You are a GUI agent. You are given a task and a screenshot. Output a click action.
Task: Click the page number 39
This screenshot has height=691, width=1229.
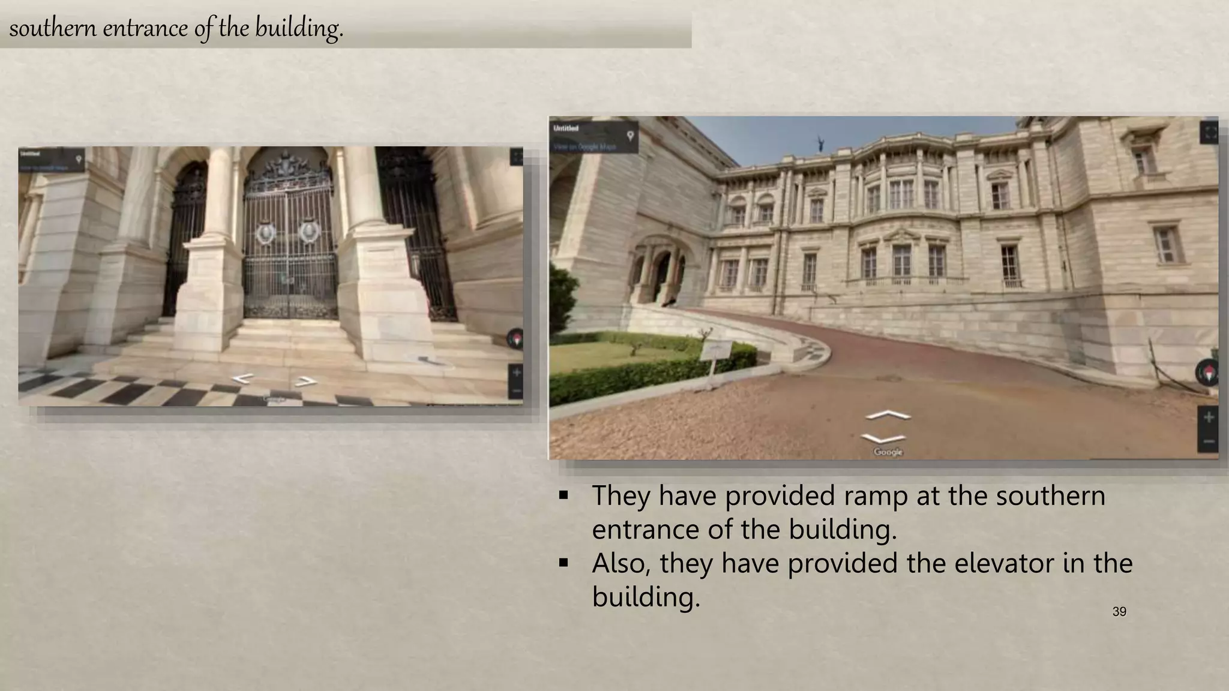tap(1119, 612)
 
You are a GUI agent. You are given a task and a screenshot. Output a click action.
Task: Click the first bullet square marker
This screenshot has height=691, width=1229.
tap(563, 496)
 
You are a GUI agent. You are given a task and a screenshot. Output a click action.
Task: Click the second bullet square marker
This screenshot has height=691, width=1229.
tap(563, 563)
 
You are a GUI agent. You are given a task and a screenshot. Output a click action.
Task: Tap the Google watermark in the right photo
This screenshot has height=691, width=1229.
tap(888, 452)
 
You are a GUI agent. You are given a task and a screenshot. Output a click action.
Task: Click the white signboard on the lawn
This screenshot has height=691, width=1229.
tap(716, 349)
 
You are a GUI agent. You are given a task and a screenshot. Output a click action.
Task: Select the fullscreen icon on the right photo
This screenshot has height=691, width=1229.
tap(1210, 132)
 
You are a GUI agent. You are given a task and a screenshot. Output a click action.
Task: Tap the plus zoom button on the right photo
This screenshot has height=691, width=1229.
tap(1209, 417)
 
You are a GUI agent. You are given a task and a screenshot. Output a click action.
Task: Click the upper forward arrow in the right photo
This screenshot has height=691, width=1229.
tap(888, 415)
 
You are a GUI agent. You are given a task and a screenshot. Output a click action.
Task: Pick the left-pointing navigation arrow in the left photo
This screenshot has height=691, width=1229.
tap(243, 378)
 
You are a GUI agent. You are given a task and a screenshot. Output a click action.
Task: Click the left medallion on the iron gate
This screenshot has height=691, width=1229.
tap(264, 232)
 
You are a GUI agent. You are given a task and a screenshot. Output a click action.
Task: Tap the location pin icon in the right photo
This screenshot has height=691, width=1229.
tap(630, 136)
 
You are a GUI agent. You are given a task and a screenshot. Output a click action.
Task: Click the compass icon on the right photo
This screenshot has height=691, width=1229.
tap(1208, 372)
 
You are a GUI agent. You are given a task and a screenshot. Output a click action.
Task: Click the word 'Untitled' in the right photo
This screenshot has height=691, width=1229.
tap(566, 128)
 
